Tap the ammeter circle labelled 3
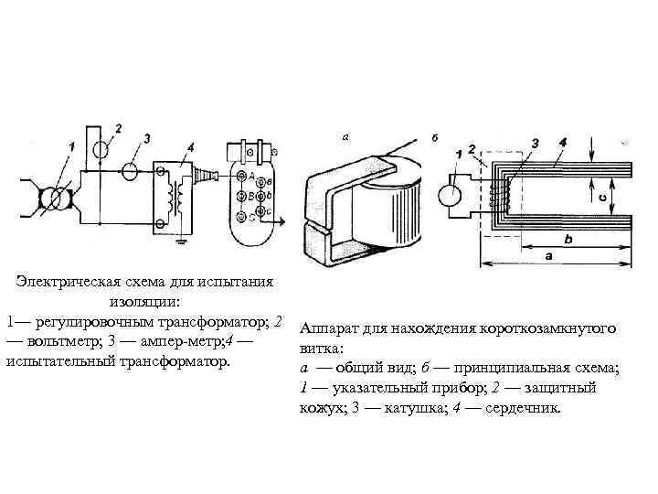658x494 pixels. (131, 170)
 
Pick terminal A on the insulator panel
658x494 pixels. (239, 177)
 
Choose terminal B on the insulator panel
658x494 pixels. (239, 196)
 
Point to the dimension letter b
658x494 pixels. (568, 240)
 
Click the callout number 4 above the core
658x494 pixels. (562, 144)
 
